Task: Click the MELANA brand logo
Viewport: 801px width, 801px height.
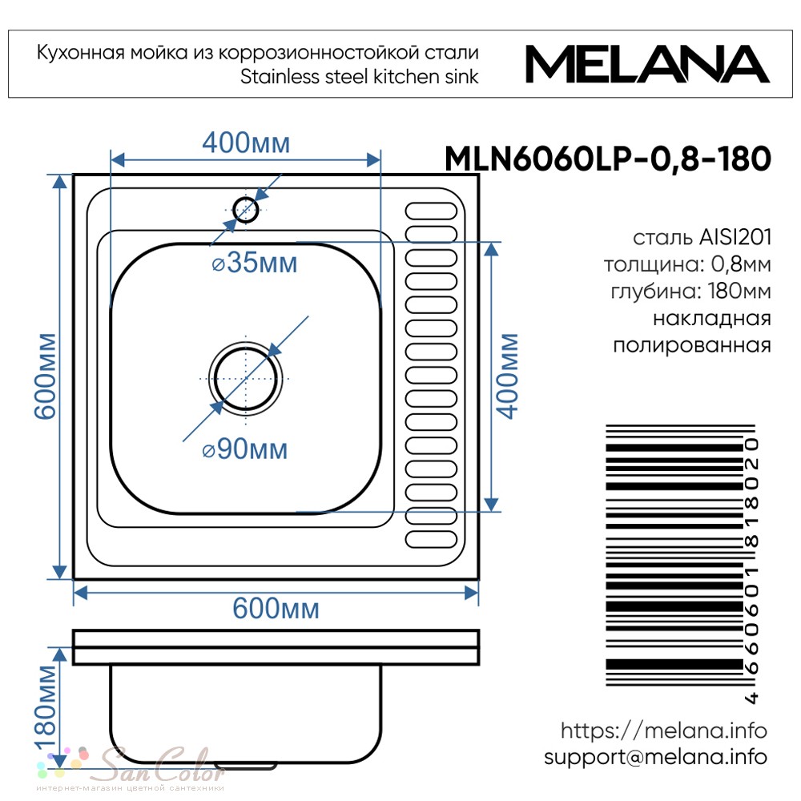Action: pyautogui.click(x=647, y=64)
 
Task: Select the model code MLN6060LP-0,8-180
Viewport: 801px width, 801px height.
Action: pyautogui.click(x=608, y=159)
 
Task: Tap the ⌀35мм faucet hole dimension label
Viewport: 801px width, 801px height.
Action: pyautogui.click(x=255, y=263)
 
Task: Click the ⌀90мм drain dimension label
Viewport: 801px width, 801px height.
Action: pyautogui.click(x=245, y=449)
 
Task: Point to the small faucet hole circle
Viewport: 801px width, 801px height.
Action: pyautogui.click(x=246, y=209)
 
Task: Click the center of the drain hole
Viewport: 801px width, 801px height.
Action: pyautogui.click(x=246, y=379)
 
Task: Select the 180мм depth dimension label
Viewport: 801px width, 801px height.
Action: pyautogui.click(x=45, y=708)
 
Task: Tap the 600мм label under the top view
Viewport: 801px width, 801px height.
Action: pyautogui.click(x=276, y=608)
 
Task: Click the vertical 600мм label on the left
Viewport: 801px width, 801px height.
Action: pyautogui.click(x=45, y=376)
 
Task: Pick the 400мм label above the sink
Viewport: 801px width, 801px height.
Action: pyautogui.click(x=246, y=143)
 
